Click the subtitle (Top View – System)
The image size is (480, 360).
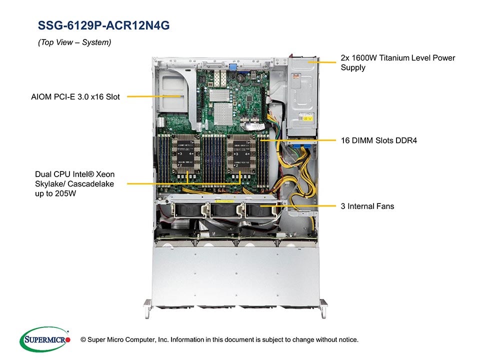(x=74, y=43)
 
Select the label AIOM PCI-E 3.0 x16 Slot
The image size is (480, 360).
(x=75, y=96)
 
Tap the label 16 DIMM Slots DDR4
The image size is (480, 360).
(x=378, y=140)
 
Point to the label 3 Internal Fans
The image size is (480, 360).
(x=367, y=206)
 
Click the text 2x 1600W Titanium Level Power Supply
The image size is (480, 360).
(x=397, y=62)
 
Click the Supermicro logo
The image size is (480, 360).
(x=44, y=340)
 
